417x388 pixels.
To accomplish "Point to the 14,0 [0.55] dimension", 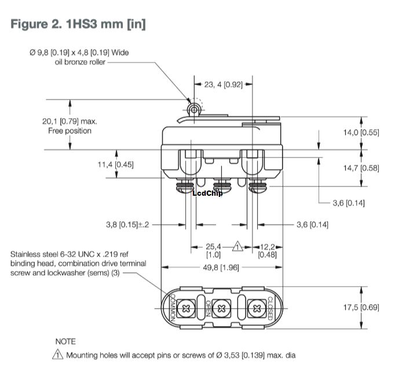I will tap(361, 132).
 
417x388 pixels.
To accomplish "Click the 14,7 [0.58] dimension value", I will tap(361, 168).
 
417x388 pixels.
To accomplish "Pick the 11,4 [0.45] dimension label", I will tap(115, 164).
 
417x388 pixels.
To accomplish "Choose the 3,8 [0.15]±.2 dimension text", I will tap(127, 225).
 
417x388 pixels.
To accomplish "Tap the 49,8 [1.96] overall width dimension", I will tap(221, 267).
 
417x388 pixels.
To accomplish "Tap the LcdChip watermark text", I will tap(207, 193).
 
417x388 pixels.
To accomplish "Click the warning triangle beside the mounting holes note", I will tap(58, 355).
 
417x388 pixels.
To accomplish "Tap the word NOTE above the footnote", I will tap(65, 342).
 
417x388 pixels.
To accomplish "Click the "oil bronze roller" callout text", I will tap(77, 62).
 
